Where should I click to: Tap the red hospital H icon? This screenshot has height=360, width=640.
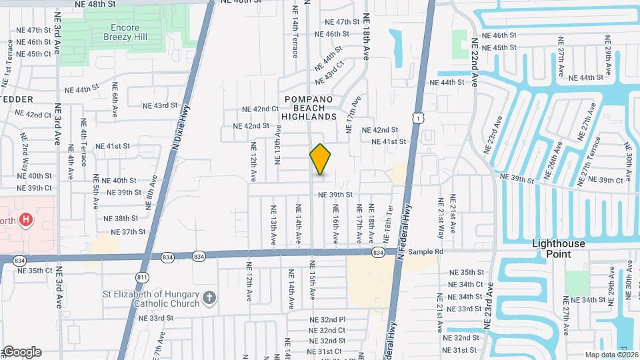[26, 219]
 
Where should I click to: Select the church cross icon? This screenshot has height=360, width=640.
[209, 297]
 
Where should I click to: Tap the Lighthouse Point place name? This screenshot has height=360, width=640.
[559, 249]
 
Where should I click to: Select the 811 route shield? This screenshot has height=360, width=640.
[142, 277]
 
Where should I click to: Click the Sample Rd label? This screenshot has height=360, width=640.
[426, 252]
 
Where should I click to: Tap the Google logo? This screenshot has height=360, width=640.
[21, 352]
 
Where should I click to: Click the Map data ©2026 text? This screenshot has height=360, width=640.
[611, 355]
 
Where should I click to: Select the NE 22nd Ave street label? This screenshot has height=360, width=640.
[475, 62]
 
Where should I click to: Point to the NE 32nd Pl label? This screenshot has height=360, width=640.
[327, 320]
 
